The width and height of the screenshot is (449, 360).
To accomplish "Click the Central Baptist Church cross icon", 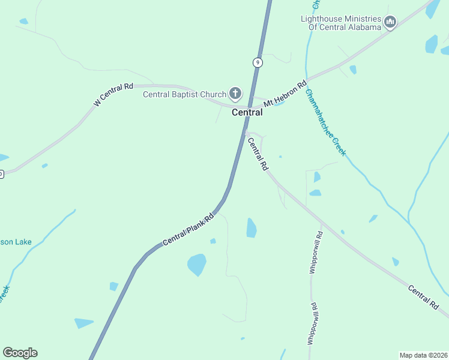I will [x=235, y=94].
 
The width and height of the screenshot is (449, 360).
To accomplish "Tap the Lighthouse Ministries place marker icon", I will [x=390, y=23].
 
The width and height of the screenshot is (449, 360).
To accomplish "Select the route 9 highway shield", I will [x=257, y=62].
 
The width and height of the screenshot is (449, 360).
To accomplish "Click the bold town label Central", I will [x=247, y=112].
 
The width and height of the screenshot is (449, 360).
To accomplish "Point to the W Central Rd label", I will [x=113, y=95].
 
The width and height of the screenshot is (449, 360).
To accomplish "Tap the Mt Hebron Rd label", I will [x=286, y=93].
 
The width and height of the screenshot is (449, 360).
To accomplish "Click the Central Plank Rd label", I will [x=188, y=230].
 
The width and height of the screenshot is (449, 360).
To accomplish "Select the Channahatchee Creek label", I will [x=325, y=122].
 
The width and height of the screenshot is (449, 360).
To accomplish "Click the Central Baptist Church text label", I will [x=184, y=94].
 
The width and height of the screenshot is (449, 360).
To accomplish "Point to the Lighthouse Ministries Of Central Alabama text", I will [x=341, y=23].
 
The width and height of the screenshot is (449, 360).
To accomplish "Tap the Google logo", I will [x=20, y=353].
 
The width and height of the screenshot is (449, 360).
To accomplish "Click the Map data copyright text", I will [x=423, y=355].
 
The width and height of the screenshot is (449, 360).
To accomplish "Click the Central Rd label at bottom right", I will [x=423, y=297].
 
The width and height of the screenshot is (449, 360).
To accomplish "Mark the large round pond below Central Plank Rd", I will [x=196, y=264].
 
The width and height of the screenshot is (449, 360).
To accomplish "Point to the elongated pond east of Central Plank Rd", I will [x=252, y=227].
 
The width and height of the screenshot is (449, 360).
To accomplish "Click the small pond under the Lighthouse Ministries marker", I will [x=431, y=44].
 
